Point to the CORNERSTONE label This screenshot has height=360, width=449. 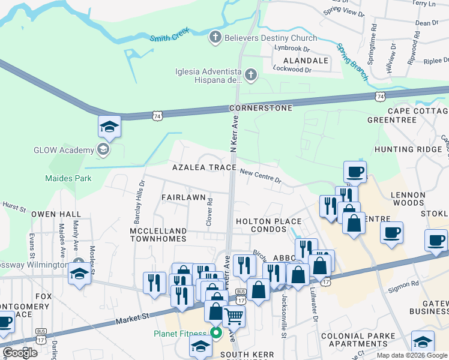[x=261, y=108]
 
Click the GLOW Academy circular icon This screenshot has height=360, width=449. [x=103, y=149]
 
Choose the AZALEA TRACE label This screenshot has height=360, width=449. [x=203, y=168]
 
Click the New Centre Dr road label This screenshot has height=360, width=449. [x=261, y=175]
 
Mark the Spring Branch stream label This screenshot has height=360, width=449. [x=352, y=61]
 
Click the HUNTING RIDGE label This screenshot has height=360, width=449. [x=410, y=149]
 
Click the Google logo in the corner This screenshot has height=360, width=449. [x=20, y=353]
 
